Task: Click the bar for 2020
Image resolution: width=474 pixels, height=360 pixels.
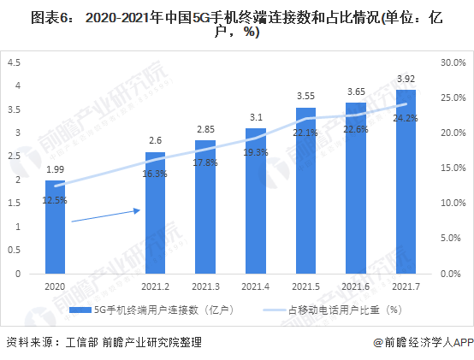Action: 55,227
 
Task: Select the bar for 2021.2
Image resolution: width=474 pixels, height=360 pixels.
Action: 156,213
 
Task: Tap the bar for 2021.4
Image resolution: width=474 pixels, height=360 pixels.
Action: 256,201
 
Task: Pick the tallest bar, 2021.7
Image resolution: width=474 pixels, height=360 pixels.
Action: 406,182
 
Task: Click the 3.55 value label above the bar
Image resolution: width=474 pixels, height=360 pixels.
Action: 305,96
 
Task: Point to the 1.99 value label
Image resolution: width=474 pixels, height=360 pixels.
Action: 55,169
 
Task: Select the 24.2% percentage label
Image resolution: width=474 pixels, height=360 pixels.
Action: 406,118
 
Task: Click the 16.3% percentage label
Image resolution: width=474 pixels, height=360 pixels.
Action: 155,174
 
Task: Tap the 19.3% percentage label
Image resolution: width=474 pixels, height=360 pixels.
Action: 256,152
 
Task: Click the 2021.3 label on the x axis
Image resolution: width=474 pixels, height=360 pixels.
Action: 205,286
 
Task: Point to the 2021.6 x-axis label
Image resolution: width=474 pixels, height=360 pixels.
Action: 356,286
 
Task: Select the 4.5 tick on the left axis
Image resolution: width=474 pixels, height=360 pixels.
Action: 15,62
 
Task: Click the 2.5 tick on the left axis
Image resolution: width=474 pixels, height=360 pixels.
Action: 15,156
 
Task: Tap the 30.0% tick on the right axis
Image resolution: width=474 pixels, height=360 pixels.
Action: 453,62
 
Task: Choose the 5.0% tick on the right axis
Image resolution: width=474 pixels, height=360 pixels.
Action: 451,238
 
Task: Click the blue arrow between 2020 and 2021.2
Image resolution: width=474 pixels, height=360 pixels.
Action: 106,215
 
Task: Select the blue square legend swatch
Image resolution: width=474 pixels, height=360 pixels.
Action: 80,310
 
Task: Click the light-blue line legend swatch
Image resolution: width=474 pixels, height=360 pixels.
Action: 274,310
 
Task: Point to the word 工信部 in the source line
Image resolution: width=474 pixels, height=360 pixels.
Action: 81,343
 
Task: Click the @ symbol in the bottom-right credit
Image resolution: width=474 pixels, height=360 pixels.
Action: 378,343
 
